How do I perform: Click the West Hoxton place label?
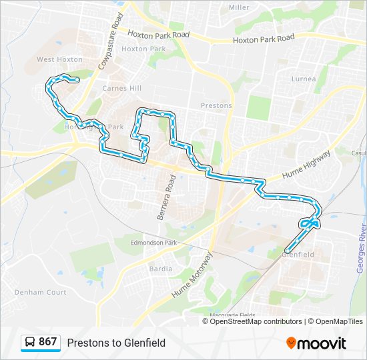point(59,59)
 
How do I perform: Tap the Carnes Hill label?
point(122,87)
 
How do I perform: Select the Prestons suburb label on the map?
point(216,105)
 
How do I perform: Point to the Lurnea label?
point(304,79)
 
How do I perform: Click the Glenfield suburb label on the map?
point(298,255)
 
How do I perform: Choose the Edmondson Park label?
point(155,243)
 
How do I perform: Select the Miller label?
point(239,7)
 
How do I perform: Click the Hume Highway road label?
point(306,164)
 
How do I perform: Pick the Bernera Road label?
point(165,197)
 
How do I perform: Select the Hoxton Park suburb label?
point(143,49)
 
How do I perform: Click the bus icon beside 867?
point(30,343)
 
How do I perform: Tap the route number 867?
point(48,342)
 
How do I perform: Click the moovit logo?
point(316,343)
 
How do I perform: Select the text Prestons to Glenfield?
point(116,343)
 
